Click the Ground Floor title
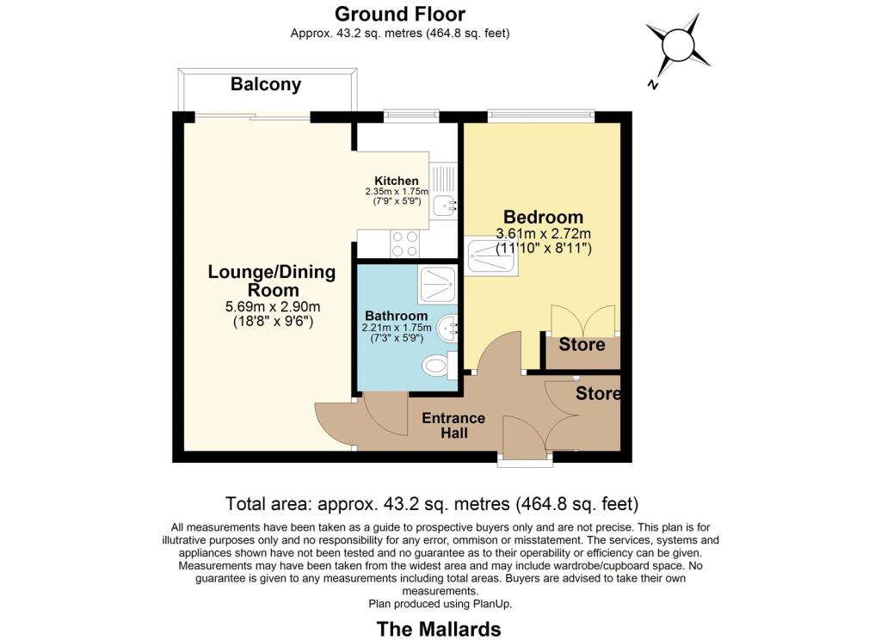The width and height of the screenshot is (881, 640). [400, 14]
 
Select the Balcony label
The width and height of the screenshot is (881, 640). [266, 84]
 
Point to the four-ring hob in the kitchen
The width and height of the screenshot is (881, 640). [405, 243]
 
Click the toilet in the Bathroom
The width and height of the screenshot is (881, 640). [439, 366]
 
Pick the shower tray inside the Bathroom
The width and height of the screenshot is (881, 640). [440, 285]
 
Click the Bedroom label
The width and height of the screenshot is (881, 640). [543, 217]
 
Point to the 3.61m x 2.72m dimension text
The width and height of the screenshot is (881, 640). [543, 233]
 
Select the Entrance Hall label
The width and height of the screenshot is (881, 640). [453, 425]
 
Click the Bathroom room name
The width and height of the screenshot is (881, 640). [396, 316]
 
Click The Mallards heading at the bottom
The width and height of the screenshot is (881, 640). [439, 629]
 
